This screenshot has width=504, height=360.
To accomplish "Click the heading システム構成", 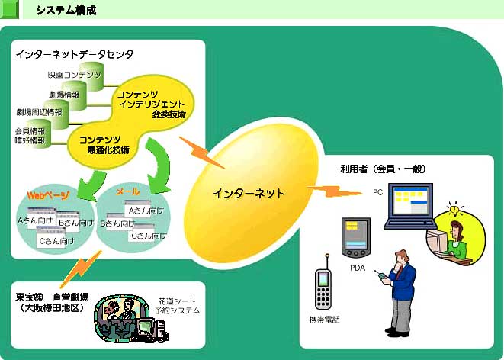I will [66, 10].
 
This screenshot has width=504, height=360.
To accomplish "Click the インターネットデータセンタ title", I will [74, 54].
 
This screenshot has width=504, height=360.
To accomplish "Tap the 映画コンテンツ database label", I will [73, 75].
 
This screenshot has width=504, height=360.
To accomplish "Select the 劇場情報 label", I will [64, 94].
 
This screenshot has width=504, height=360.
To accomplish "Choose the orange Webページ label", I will [48, 196].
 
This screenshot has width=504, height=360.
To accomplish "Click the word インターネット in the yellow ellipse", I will [249, 194].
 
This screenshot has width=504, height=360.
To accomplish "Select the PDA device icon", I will [356, 237].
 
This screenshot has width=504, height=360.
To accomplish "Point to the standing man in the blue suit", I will [402, 294].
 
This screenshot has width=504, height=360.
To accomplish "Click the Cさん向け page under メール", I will [146, 236].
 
